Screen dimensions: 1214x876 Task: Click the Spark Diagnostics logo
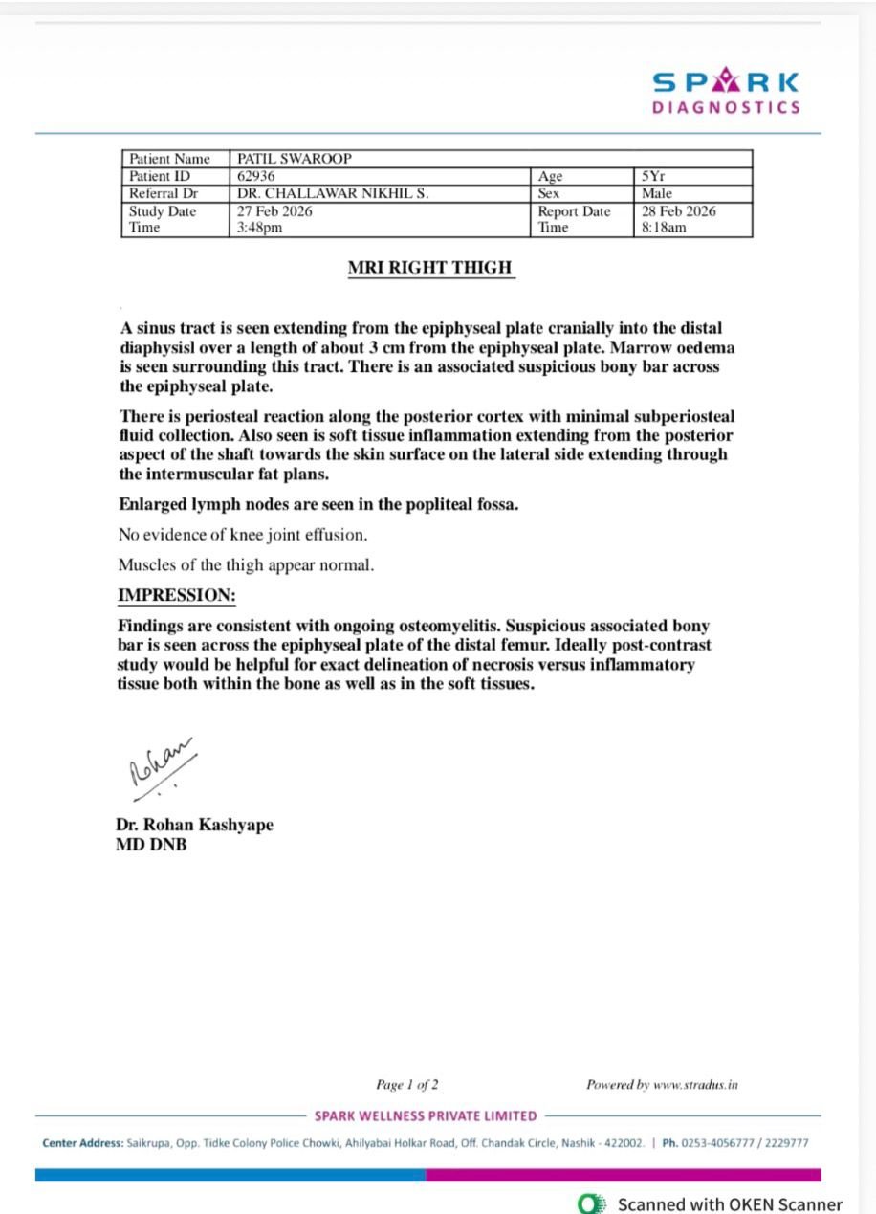click(x=726, y=92)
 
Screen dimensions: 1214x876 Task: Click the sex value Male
click(x=657, y=193)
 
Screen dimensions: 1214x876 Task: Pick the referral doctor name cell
click(x=333, y=193)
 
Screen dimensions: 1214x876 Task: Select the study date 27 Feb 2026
click(x=274, y=211)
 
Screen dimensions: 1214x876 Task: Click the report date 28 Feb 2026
click(x=679, y=211)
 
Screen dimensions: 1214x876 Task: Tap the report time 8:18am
click(x=665, y=228)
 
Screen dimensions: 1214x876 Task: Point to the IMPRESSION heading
click(x=176, y=595)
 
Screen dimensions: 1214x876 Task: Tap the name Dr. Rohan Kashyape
click(x=194, y=825)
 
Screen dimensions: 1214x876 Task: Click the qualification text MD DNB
click(x=151, y=845)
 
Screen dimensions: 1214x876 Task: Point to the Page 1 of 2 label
click(x=407, y=1084)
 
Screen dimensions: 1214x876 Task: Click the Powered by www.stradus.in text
click(x=662, y=1084)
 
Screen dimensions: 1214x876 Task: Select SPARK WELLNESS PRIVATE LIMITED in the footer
click(x=426, y=1115)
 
